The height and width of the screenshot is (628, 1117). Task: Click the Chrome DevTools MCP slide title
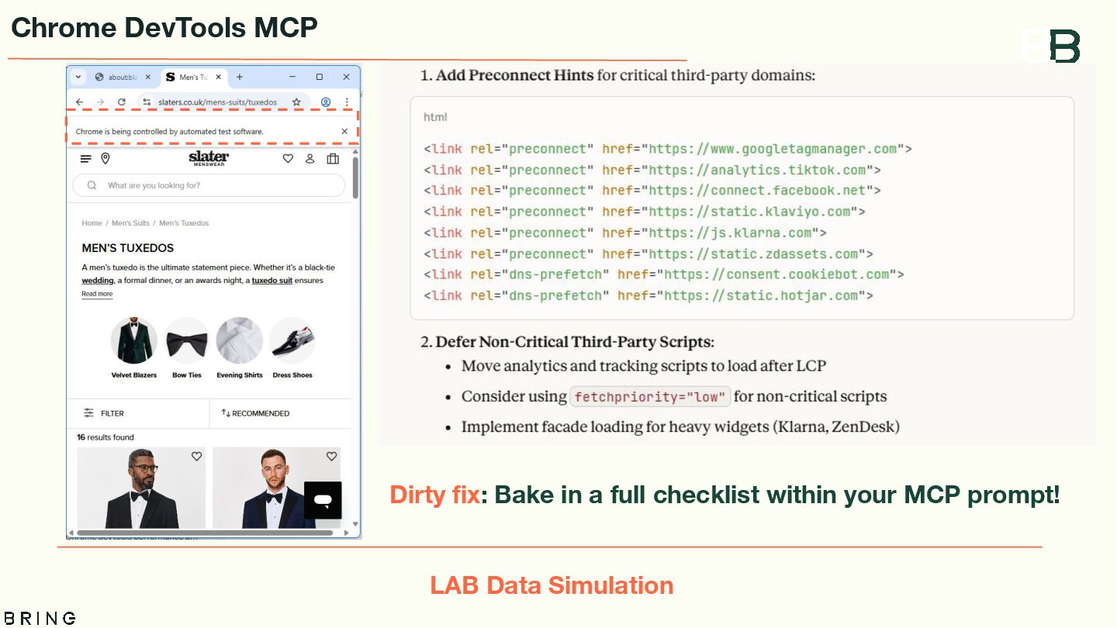(x=164, y=28)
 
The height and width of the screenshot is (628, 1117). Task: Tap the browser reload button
(x=122, y=102)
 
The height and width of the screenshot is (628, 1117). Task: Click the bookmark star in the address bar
(x=296, y=102)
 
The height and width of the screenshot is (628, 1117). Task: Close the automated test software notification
(x=344, y=132)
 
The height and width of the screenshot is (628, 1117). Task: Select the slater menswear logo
(x=209, y=159)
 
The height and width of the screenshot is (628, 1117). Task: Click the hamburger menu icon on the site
(x=85, y=159)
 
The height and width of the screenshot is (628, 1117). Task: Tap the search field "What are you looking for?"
(x=209, y=185)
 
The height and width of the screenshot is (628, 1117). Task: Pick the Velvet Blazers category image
(x=134, y=341)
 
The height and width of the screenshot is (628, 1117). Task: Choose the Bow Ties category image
(x=187, y=341)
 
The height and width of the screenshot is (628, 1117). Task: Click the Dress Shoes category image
(x=292, y=341)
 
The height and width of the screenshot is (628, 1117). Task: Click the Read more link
(x=97, y=294)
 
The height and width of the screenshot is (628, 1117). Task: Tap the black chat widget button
(x=323, y=500)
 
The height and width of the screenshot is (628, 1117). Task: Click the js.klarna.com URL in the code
(x=730, y=233)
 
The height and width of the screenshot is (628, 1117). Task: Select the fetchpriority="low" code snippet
(x=650, y=397)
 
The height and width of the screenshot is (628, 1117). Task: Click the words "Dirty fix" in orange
(x=434, y=495)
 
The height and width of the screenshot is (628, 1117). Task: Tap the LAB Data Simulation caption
(x=552, y=585)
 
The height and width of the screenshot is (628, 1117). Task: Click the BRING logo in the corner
(x=38, y=618)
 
